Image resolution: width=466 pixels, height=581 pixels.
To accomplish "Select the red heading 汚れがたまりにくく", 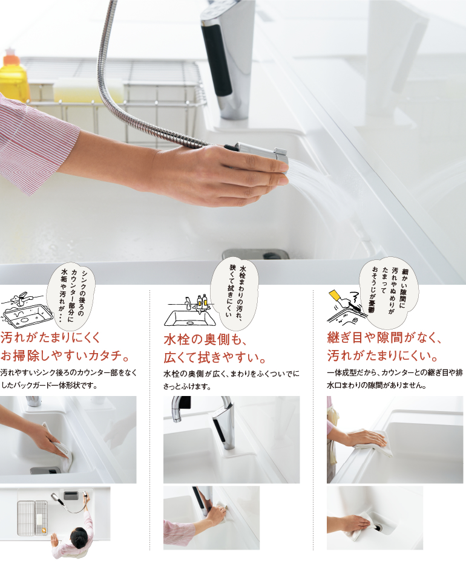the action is point(51,337).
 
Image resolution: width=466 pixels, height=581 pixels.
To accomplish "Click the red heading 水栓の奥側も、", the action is point(205,339).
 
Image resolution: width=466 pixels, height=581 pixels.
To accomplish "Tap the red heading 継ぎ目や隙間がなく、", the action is point(384,337).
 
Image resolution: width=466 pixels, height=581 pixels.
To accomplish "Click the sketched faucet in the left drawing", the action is point(21,297).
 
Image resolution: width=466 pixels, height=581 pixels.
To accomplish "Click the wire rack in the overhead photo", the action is point(33,518).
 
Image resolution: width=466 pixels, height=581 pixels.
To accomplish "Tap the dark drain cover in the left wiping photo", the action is point(45,471).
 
